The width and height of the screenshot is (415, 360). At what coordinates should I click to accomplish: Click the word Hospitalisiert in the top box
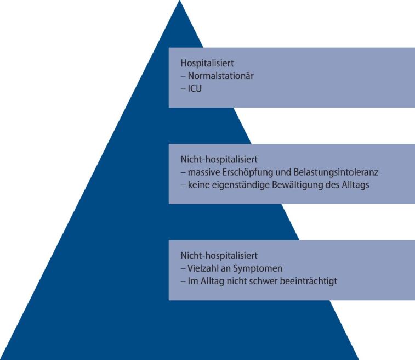[x=203, y=64]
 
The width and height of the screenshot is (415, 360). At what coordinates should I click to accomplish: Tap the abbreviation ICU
[x=194, y=88]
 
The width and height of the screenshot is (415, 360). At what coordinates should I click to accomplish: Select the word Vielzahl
[x=201, y=269]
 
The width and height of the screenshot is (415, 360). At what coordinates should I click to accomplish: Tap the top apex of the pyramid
[x=180, y=2]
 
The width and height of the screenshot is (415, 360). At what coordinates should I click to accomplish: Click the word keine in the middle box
[x=198, y=185]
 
